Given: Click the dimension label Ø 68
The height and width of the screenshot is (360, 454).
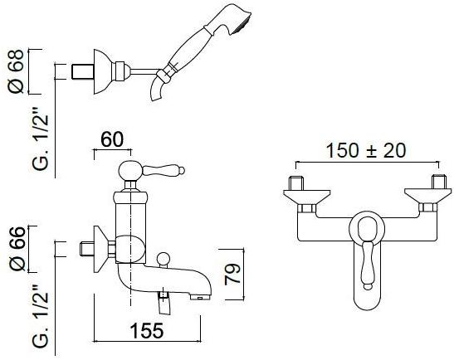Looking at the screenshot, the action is tap(16, 71).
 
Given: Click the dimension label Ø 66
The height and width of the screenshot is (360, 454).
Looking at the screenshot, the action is tap(17, 249).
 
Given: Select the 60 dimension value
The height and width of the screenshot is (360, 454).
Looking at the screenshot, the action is tap(112, 139).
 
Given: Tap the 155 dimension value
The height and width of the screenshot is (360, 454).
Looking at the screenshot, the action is tap(147, 330).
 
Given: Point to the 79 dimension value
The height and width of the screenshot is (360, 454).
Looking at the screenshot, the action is tap(232, 274).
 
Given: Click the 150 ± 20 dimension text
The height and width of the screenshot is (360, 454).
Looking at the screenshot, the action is tap(366, 150).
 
